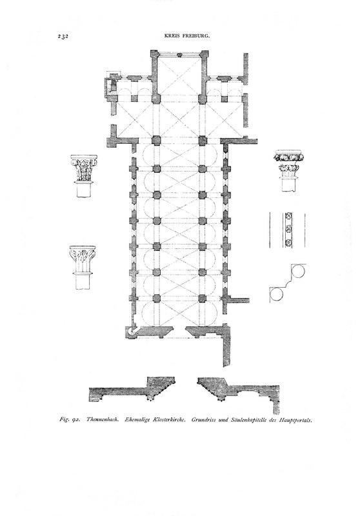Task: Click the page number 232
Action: tap(63, 37)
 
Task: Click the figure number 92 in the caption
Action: tap(75, 420)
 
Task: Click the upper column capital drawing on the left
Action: tap(85, 175)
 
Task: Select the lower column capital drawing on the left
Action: tap(83, 268)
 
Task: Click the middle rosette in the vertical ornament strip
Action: tap(288, 230)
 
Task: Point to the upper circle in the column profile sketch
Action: tap(299, 272)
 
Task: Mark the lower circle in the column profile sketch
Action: tap(276, 295)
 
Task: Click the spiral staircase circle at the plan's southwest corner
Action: tap(132, 332)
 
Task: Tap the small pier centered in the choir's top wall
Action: tap(179, 56)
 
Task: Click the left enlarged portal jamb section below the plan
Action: tap(132, 390)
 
